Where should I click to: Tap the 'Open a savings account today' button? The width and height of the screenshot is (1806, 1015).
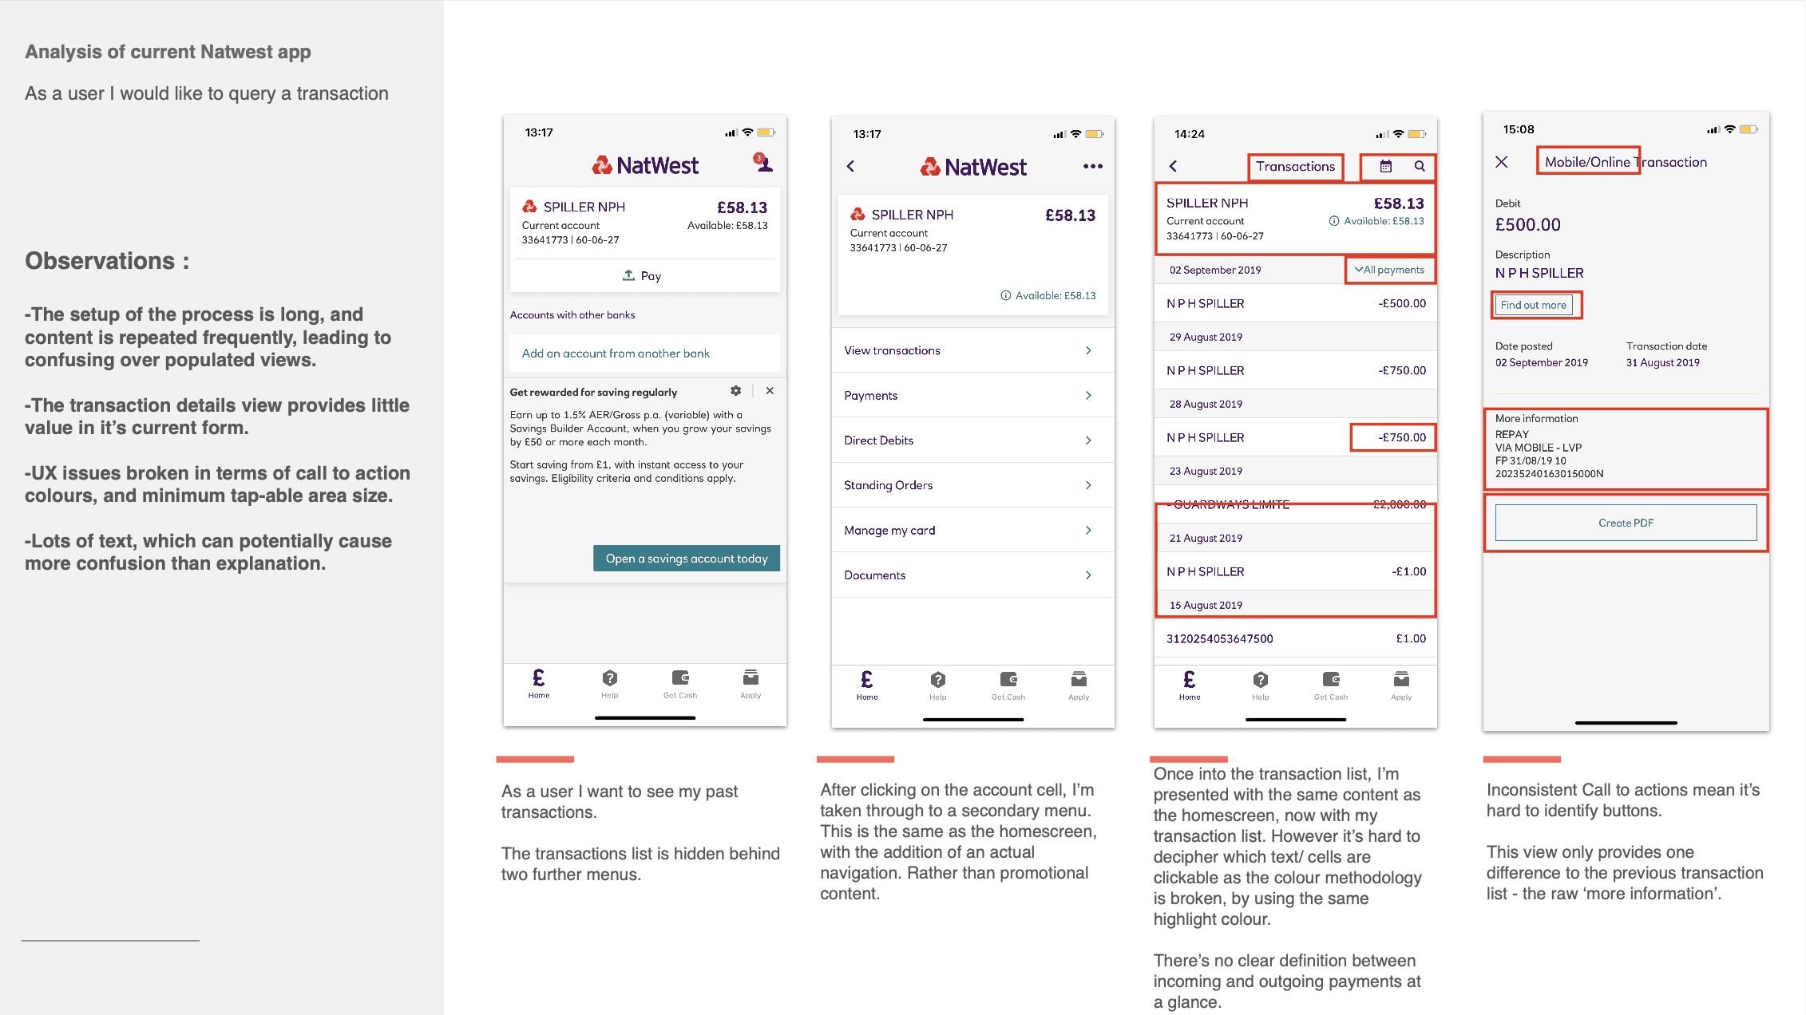(686, 559)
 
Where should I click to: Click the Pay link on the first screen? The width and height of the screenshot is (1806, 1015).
(642, 276)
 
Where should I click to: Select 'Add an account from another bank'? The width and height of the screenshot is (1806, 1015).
(616, 353)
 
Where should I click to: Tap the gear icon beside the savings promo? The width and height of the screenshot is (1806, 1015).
(735, 391)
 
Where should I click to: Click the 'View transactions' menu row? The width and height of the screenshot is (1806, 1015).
(972, 350)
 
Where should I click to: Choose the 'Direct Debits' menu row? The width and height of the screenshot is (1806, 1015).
(972, 440)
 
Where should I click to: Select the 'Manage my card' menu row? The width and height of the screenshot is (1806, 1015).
(972, 530)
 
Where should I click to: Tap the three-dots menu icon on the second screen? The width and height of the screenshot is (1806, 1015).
(1092, 167)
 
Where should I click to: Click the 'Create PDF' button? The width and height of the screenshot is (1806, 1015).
(1626, 523)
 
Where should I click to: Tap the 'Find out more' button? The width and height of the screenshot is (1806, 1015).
(1533, 305)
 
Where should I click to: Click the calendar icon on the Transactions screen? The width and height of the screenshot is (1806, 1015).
(1386, 167)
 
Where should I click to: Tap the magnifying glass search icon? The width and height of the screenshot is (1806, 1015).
(1420, 166)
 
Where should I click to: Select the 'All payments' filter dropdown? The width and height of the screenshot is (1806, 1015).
(1389, 270)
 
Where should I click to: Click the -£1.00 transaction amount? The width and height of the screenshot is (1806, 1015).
(1408, 571)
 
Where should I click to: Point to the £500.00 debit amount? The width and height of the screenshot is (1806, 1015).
(1527, 225)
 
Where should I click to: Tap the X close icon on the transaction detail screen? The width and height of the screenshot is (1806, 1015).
(1501, 162)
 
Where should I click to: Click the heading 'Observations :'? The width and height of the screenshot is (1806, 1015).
(107, 261)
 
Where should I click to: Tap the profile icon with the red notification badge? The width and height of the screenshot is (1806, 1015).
(763, 163)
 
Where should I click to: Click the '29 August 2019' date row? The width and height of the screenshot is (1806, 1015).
(1295, 337)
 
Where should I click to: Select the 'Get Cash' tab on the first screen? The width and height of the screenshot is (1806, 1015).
(680, 684)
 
